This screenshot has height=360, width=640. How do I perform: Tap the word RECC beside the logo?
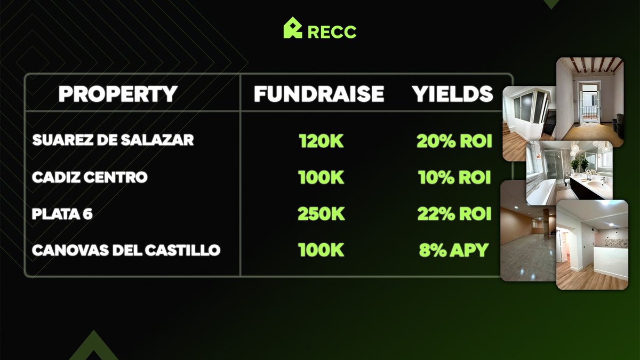click(x=332, y=31)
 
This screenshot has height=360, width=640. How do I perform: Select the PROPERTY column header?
click(x=118, y=94)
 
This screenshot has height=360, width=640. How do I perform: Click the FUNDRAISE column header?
click(x=319, y=94)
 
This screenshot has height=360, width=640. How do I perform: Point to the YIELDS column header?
click(x=452, y=94)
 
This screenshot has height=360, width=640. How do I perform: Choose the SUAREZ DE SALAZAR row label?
click(x=113, y=140)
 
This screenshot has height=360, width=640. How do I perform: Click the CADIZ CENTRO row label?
click(x=90, y=177)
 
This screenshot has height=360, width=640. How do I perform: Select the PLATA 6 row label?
click(x=62, y=214)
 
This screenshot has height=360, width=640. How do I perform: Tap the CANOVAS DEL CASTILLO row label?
click(x=126, y=250)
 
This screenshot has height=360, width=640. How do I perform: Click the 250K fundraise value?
click(x=321, y=214)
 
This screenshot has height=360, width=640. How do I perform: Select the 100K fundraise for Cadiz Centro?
click(x=321, y=178)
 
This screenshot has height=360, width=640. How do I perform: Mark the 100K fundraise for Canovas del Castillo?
click(x=321, y=250)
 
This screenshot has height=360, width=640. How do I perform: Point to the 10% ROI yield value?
click(x=454, y=178)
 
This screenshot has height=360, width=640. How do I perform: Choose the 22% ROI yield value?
click(x=454, y=214)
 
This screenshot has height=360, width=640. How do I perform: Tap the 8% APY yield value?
click(x=454, y=250)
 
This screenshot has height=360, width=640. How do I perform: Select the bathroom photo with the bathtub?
click(x=569, y=172)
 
